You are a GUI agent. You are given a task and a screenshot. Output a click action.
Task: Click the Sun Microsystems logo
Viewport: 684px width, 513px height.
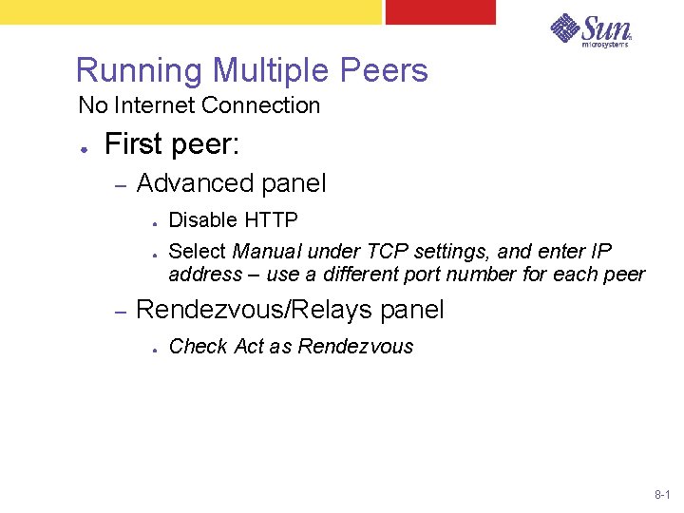click(x=591, y=29)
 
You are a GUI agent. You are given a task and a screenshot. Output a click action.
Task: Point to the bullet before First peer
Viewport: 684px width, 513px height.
click(x=85, y=149)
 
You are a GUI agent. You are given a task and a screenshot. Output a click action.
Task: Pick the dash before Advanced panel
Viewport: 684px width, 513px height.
click(x=121, y=184)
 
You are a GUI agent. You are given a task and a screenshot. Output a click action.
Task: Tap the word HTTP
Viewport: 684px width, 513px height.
click(x=271, y=220)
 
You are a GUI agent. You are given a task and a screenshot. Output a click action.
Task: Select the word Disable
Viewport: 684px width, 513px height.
click(x=202, y=220)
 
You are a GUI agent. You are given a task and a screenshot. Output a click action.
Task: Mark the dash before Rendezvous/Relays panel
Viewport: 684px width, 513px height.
click(x=121, y=311)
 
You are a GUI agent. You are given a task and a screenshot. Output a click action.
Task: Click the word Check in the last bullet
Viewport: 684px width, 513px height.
click(x=197, y=347)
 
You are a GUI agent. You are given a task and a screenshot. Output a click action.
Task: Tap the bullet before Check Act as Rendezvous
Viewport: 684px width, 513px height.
click(x=153, y=348)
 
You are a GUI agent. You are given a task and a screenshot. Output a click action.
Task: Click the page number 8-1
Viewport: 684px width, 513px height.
click(x=662, y=496)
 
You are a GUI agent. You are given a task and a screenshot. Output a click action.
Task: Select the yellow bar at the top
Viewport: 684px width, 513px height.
click(x=190, y=11)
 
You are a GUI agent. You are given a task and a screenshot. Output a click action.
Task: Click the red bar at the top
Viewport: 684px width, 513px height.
click(x=440, y=11)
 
